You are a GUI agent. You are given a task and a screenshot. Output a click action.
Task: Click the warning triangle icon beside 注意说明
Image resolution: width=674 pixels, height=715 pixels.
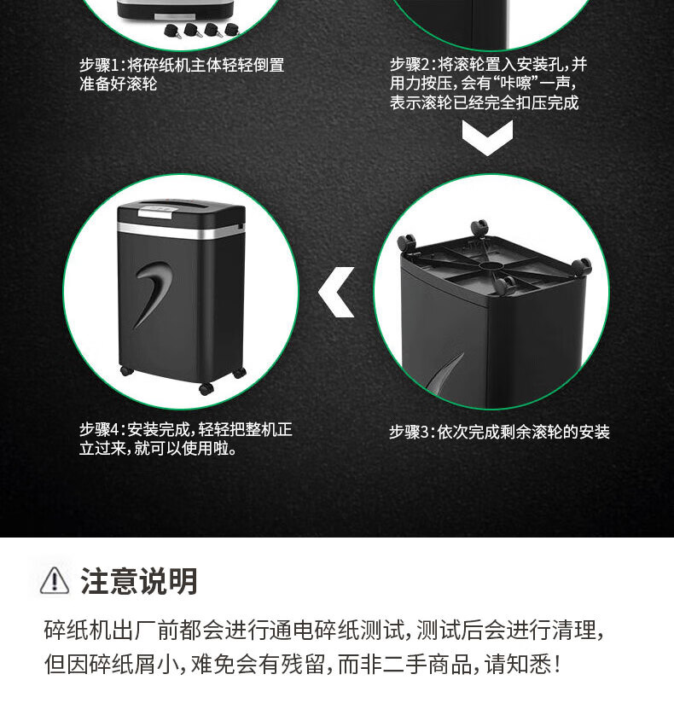click(55, 580)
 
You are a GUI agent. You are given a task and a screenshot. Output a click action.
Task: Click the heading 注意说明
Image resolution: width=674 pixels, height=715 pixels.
click(139, 581)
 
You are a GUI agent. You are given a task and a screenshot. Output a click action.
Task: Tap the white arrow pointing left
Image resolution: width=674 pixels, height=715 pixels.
click(336, 293)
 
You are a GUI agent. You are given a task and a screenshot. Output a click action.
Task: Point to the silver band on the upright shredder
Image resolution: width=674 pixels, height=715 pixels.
click(181, 230)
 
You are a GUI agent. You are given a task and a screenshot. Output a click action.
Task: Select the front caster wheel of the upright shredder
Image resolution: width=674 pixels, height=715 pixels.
click(206, 388)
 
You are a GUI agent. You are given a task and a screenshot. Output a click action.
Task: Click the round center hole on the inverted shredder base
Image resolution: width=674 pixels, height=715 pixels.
click(493, 265)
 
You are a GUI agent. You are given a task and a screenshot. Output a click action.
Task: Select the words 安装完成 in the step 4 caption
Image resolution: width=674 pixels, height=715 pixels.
click(158, 429)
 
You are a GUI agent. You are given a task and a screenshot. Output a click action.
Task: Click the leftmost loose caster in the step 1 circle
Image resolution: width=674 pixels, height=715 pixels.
click(172, 31)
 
